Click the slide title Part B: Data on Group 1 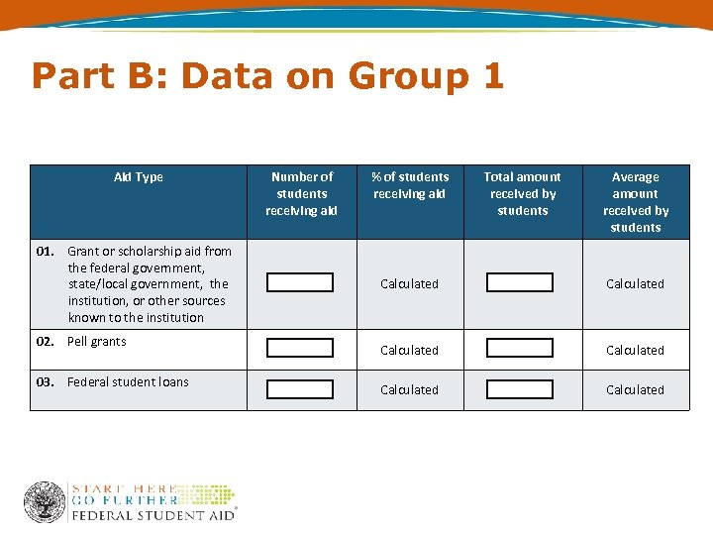tap(267, 76)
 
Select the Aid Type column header tap(138, 177)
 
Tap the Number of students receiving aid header tap(301, 193)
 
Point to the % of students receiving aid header tap(410, 185)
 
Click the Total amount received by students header tap(522, 193)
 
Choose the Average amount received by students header tap(635, 201)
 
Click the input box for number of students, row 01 tap(300, 282)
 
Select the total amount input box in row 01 tap(520, 282)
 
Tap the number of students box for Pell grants tap(300, 349)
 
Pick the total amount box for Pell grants tap(520, 349)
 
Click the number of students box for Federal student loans tap(300, 389)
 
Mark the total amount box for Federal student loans tap(520, 389)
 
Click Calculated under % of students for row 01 tap(409, 283)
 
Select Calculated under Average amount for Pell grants tap(635, 350)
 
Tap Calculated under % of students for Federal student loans tap(409, 389)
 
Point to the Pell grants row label tap(96, 342)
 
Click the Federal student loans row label tap(128, 382)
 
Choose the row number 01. tap(45, 252)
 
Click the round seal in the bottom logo tap(45, 502)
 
